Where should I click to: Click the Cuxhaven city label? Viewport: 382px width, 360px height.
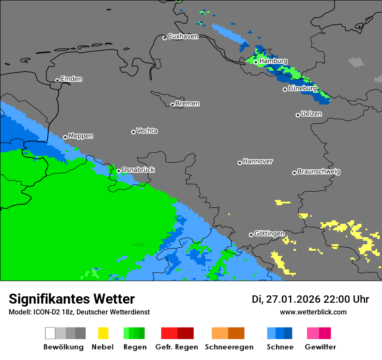point(183,36)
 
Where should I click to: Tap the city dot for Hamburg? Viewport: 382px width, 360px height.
point(256,62)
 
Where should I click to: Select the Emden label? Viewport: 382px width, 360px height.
point(71,79)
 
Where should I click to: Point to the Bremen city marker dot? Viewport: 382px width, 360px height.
point(172,105)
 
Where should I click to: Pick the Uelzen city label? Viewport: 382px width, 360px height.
point(311,114)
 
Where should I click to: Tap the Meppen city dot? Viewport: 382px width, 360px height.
point(66,137)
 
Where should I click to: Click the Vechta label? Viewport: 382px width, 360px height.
point(147,131)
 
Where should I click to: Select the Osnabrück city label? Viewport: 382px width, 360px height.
point(138,170)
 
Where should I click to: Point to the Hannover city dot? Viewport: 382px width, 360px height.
point(240,163)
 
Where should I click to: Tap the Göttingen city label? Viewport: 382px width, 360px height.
point(269,234)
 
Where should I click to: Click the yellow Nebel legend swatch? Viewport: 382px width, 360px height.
point(103,333)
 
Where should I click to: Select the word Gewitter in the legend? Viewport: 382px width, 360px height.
point(320,347)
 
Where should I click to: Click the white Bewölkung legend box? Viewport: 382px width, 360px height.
point(50,333)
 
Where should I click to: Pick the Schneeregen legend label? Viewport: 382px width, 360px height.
point(229,347)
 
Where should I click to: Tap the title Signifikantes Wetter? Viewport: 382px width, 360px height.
point(72,299)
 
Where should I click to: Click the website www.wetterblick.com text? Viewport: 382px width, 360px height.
point(313,312)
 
